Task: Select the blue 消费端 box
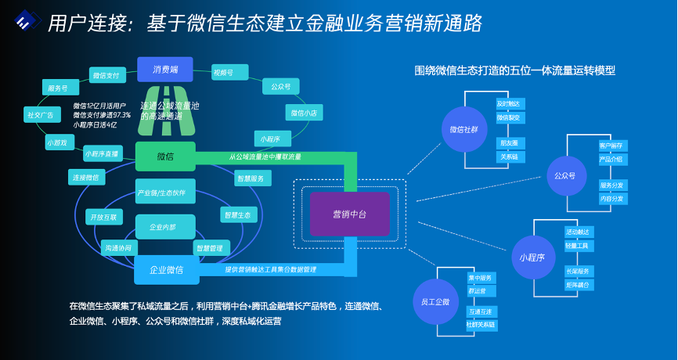coord(165,69)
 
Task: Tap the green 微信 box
coord(165,157)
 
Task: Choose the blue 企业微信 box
coord(165,270)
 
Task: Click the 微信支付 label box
coord(106,75)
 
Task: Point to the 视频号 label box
coord(226,73)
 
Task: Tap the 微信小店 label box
coord(303,113)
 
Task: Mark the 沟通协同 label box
coord(121,247)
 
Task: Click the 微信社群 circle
coord(463,129)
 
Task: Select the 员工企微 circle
coord(435,302)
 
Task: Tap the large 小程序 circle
coord(532,257)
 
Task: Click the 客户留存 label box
coord(611,146)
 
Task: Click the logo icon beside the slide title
coord(26,23)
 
